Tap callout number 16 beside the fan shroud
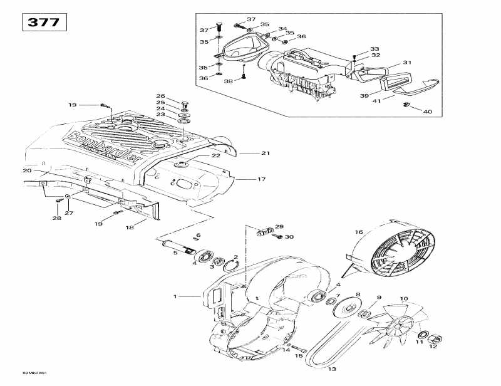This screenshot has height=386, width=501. point(359,232)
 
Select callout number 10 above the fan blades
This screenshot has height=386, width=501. point(404,299)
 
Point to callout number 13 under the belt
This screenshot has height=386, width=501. point(332,369)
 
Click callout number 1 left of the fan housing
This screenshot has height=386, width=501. point(176,296)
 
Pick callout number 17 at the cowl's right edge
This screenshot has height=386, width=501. point(261,179)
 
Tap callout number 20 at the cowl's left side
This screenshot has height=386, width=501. point(26,170)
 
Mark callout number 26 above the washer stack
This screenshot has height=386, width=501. point(160,96)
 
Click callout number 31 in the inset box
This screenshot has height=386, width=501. point(407,62)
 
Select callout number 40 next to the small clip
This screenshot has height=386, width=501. point(428,112)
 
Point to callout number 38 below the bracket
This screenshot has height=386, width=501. point(228,81)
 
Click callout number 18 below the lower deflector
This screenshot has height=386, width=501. point(130,227)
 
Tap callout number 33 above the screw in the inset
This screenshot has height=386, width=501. point(374,48)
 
